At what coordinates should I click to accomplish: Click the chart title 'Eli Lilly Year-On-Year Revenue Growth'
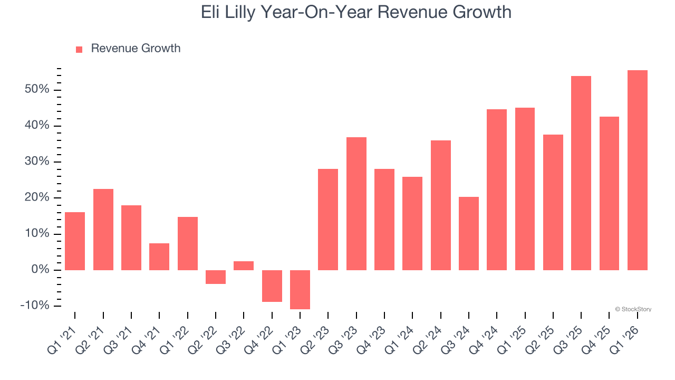tap(356, 12)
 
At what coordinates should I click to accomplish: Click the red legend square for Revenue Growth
tap(79, 49)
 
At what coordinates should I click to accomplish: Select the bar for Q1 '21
tap(75, 241)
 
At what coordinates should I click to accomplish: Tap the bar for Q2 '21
tap(103, 230)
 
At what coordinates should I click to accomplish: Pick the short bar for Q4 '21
tap(159, 256)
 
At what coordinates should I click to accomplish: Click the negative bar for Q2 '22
tap(216, 277)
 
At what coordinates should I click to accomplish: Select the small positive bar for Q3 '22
tap(244, 265)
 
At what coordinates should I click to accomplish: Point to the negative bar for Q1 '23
tap(300, 289)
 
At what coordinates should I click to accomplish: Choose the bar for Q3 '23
tap(356, 204)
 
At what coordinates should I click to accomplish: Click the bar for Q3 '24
tap(469, 233)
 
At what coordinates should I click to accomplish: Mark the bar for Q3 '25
tap(581, 173)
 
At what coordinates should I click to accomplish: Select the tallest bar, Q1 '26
tap(638, 170)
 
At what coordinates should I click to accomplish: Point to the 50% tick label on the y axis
tap(36, 90)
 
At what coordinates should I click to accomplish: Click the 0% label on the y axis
tap(40, 270)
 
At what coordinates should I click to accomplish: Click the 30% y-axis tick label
tap(36, 162)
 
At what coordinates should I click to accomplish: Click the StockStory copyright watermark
tap(633, 309)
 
